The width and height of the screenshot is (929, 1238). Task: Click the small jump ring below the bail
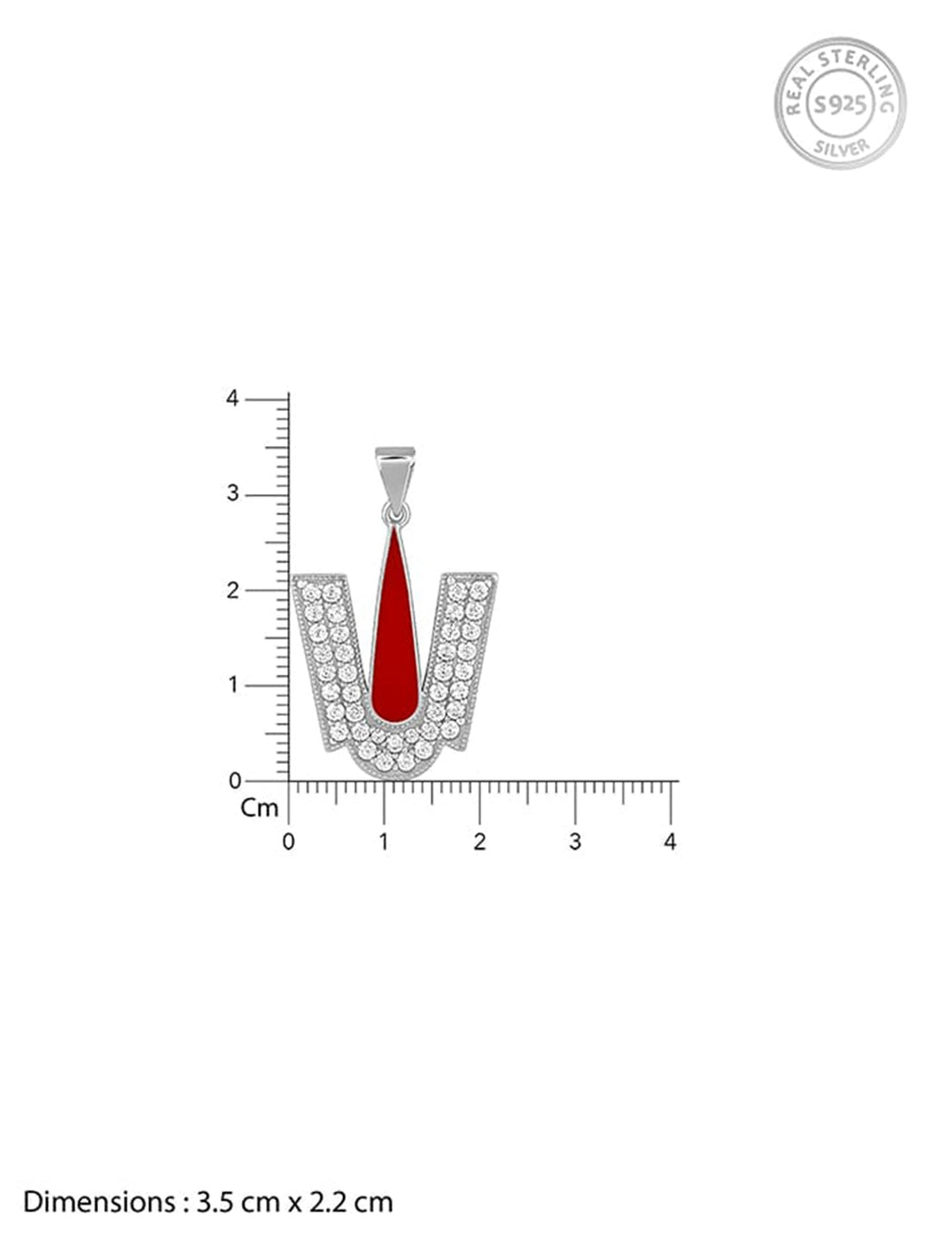pyautogui.click(x=396, y=512)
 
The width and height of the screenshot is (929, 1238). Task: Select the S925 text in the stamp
pyautogui.click(x=840, y=104)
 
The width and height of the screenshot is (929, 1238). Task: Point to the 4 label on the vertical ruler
pyautogui.click(x=232, y=399)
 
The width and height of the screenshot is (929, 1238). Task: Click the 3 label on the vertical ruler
pyautogui.click(x=233, y=494)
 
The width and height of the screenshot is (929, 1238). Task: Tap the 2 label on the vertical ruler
pyautogui.click(x=233, y=590)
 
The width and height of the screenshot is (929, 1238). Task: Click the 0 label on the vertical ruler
pyautogui.click(x=235, y=781)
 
